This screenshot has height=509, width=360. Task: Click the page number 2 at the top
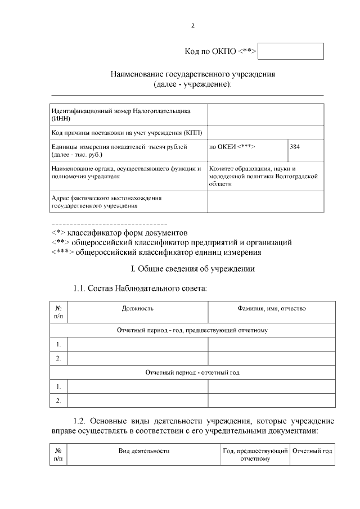coord(193,26)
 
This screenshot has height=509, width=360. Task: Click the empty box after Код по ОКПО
coord(291,51)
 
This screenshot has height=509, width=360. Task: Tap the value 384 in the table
coord(295,147)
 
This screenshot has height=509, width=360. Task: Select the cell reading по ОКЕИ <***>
coord(232,147)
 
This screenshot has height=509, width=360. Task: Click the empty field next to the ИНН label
coord(265,115)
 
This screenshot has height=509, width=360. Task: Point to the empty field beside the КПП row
coord(265,133)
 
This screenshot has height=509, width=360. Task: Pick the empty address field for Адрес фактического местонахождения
coord(265,202)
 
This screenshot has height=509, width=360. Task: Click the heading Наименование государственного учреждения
coord(193,74)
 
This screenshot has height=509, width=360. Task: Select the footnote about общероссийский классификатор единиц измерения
coord(156,252)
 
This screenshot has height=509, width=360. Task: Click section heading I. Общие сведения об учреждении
coord(193,269)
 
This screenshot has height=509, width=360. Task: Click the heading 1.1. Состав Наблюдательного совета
coord(140,289)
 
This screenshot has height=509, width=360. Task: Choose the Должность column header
coord(137,309)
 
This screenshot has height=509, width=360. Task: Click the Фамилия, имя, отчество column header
coord(272,309)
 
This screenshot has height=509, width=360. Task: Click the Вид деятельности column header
coord(143,451)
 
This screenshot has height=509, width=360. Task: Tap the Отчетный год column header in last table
coord(313,451)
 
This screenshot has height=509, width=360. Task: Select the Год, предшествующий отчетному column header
coord(255,454)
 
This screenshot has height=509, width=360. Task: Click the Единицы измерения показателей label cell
coord(128,150)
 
